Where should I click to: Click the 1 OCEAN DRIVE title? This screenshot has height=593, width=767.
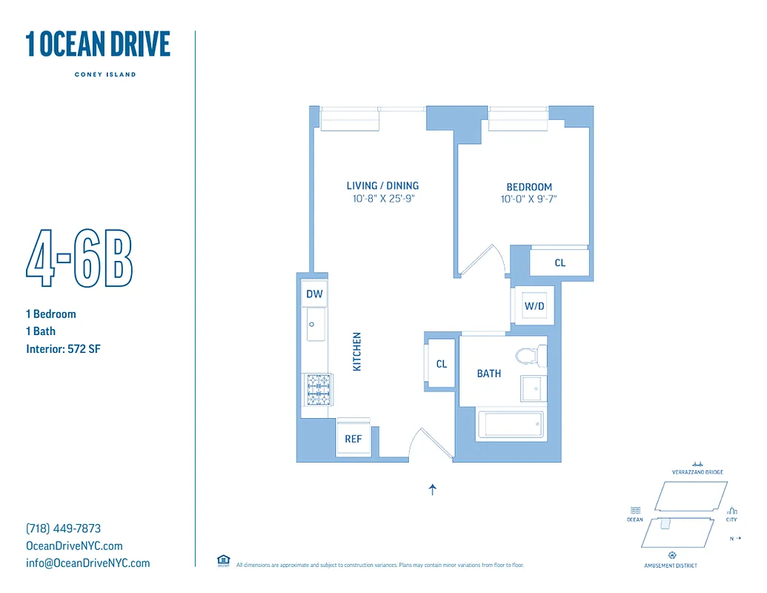pos(98,44)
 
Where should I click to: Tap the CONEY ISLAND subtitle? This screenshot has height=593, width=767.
pos(105,74)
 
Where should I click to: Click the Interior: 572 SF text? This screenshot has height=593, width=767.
pos(63,348)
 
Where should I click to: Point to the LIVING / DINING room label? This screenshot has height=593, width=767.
pos(382,185)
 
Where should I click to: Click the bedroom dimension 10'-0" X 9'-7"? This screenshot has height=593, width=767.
pos(529,199)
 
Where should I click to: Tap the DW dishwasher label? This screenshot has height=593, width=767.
pos(314,294)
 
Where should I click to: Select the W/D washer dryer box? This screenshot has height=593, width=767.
pos(534,305)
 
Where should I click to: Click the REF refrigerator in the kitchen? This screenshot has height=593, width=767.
pos(353,439)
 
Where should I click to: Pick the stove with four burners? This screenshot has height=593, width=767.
pos(318,389)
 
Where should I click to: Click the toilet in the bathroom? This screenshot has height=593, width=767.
pos(529,357)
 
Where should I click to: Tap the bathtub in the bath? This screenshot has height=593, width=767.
pos(511,424)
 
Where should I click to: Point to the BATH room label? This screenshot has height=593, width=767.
pos(489,374)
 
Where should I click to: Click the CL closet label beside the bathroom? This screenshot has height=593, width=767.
pos(442,364)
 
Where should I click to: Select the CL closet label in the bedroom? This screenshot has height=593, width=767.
pos(560,263)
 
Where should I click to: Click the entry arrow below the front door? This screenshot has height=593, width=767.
pos(433,489)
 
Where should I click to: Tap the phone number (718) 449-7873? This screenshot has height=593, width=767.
pos(63,529)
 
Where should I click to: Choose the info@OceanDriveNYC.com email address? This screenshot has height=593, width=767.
pos(87,563)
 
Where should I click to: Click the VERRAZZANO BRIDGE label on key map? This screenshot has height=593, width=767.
pos(697,472)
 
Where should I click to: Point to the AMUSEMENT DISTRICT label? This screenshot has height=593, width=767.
pos(671,566)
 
